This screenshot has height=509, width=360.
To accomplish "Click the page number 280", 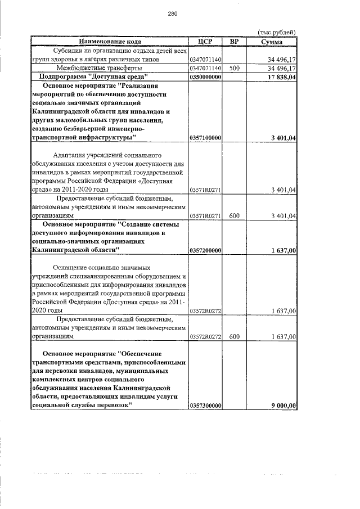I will click(173, 15).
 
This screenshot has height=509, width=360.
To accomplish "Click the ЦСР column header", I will click(205, 42).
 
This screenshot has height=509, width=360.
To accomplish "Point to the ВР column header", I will click(235, 42).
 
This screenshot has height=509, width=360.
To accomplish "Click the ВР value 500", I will click(235, 68).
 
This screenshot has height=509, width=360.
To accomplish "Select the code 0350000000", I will click(205, 76).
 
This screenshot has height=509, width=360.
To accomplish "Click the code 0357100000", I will click(205, 137).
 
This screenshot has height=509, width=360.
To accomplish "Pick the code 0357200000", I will click(205, 250).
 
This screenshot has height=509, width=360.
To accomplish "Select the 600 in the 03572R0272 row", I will click(235, 336).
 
